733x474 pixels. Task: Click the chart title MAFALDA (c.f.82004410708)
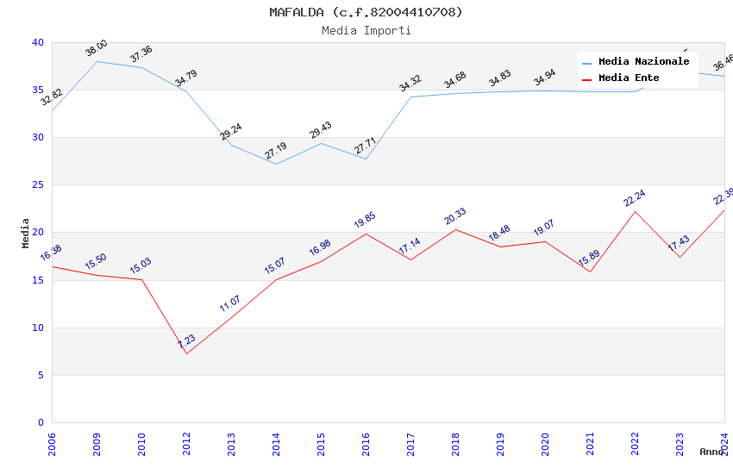(x=366, y=12)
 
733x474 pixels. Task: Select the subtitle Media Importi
(x=366, y=30)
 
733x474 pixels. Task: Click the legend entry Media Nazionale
(x=643, y=62)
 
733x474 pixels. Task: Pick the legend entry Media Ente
(x=629, y=78)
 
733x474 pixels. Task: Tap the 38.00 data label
(x=97, y=48)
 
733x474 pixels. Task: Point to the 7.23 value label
(x=186, y=342)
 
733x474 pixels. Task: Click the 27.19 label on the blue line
(x=276, y=152)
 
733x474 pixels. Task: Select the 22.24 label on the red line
(x=635, y=198)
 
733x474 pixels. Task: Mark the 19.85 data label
(x=366, y=221)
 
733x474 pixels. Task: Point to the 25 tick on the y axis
(x=38, y=185)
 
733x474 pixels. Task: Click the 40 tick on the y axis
(x=38, y=42)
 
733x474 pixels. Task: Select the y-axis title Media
(x=26, y=233)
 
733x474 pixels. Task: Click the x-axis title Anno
(x=711, y=452)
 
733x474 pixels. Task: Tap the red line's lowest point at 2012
(x=186, y=353)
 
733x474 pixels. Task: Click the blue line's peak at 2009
(x=97, y=61)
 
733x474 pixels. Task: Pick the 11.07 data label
(x=231, y=303)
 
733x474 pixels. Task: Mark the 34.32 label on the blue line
(x=410, y=84)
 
